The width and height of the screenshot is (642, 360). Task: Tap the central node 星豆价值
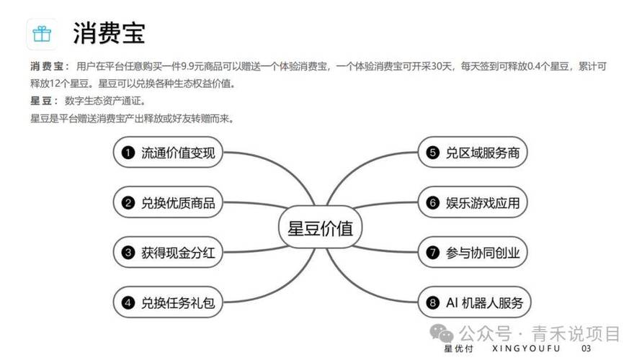pyautogui.click(x=321, y=229)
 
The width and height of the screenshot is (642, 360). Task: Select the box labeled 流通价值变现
pyautogui.click(x=169, y=153)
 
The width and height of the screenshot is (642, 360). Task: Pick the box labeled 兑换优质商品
pyautogui.click(x=169, y=203)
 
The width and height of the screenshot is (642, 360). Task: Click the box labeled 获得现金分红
pyautogui.click(x=169, y=253)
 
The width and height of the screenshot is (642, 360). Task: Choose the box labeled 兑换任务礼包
pyautogui.click(x=169, y=302)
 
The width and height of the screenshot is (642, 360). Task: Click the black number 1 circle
pyautogui.click(x=128, y=153)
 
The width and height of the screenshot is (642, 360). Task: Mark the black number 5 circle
pyautogui.click(x=432, y=153)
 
